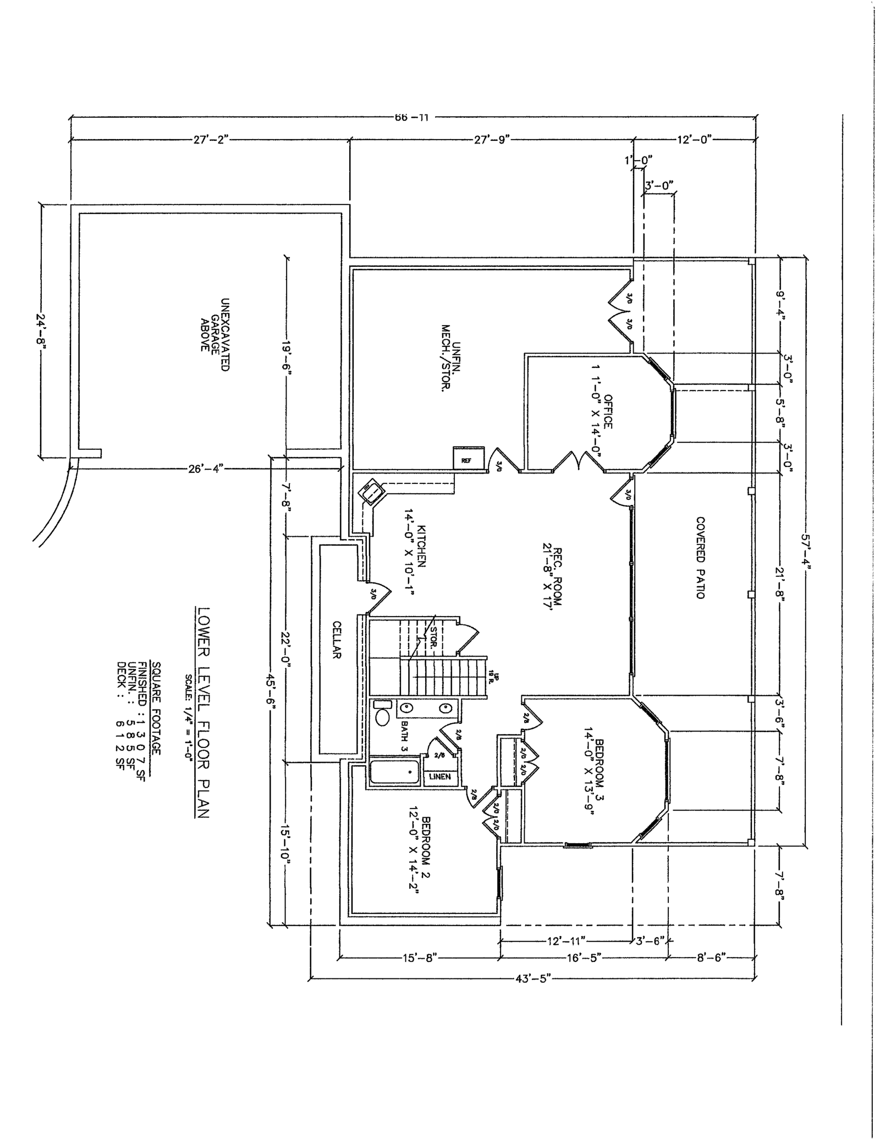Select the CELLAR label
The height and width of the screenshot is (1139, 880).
pyautogui.click(x=337, y=640)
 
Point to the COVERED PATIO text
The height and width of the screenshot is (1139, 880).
pyautogui.click(x=700, y=557)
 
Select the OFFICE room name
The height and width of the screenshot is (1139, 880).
pyautogui.click(x=607, y=411)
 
